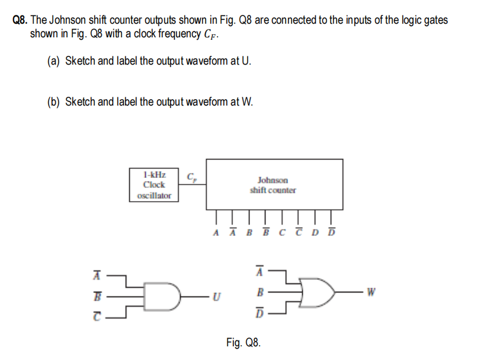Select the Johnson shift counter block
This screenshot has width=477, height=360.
[273, 184]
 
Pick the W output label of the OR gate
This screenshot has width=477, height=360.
[371, 292]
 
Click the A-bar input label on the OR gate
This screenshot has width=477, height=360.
[259, 272]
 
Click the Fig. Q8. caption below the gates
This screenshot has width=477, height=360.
[243, 342]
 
